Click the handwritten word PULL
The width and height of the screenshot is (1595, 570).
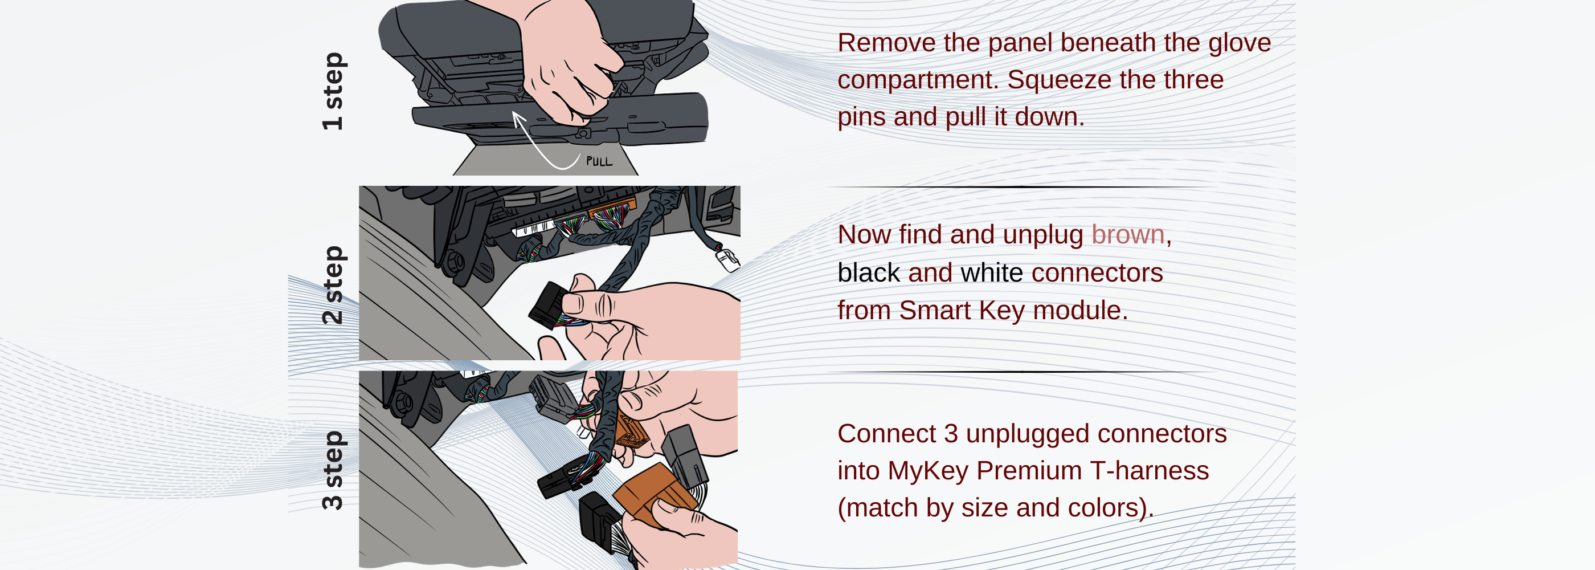click(599, 162)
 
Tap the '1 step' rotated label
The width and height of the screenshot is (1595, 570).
click(333, 91)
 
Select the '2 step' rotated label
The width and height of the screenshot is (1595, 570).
click(333, 285)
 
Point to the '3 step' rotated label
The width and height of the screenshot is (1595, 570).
click(333, 470)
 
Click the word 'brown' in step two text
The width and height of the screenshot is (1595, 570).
click(1127, 235)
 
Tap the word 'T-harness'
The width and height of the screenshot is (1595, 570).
click(1149, 471)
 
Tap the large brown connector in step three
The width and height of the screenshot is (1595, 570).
click(650, 492)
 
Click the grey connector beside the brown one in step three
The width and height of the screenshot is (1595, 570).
click(685, 458)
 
